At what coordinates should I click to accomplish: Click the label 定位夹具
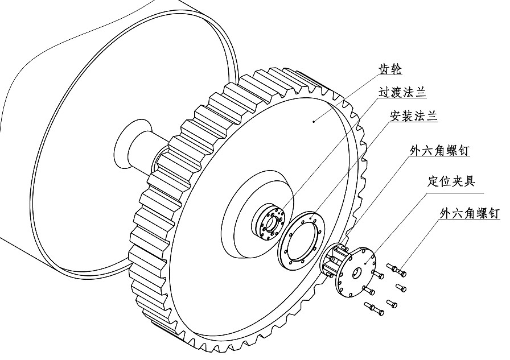point(451,181)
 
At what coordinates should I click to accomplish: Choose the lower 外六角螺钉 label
point(470,213)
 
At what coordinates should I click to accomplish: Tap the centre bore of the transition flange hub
point(270,224)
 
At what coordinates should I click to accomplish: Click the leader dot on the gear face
point(314,120)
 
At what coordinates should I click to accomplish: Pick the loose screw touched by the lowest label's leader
point(395,266)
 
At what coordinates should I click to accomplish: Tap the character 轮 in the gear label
point(396,69)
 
